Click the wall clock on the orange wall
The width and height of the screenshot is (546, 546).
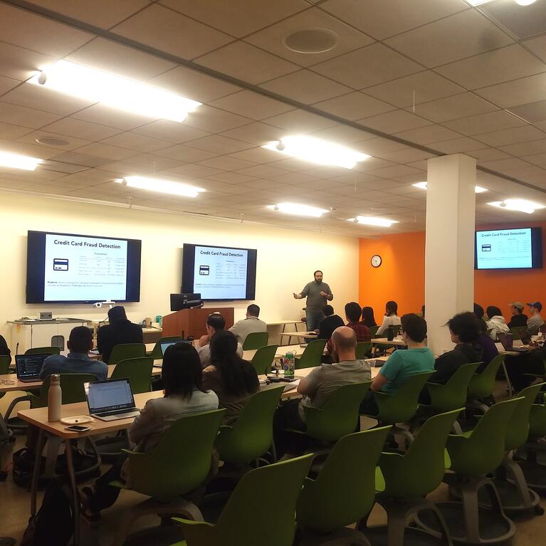pos(376,261)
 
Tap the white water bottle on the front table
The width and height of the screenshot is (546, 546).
pos(54,398)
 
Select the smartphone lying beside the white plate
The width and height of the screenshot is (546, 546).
pos(77,429)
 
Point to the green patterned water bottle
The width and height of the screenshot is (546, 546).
pos(289,364)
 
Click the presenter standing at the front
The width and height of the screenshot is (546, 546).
pos(315,297)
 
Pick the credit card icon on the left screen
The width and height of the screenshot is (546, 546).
pos(61,264)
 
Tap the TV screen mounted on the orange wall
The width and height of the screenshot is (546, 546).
pos(508,248)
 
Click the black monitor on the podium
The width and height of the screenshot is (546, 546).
pos(186,301)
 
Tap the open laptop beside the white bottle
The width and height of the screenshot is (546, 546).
pos(110,399)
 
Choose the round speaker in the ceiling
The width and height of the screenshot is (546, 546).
pos(310,41)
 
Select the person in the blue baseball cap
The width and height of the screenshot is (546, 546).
pos(534,316)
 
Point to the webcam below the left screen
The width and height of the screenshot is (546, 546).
pos(104,305)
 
